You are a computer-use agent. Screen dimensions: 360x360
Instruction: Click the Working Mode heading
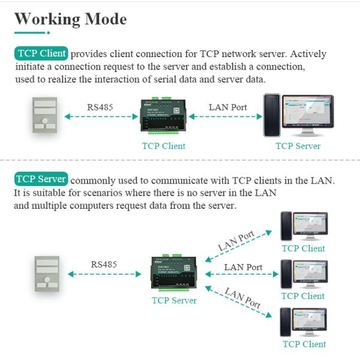click(x=70, y=19)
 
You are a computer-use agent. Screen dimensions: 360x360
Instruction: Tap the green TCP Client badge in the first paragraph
click(x=41, y=53)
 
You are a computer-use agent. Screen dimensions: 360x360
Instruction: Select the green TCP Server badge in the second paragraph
click(x=41, y=179)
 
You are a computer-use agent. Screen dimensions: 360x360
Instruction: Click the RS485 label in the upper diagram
click(x=100, y=107)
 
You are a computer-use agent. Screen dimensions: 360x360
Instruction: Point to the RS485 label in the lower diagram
click(x=104, y=264)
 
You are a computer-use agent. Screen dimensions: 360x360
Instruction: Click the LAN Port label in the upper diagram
click(x=227, y=107)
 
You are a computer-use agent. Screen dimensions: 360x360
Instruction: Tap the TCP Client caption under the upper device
click(x=163, y=146)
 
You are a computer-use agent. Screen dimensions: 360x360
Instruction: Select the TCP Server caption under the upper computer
click(x=298, y=146)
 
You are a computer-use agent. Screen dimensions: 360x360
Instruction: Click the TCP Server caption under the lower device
click(x=174, y=301)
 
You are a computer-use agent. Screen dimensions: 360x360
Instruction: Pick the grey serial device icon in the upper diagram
click(x=41, y=115)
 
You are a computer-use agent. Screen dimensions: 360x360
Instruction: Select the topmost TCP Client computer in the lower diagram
click(x=304, y=226)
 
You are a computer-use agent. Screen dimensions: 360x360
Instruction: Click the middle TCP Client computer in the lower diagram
click(x=304, y=274)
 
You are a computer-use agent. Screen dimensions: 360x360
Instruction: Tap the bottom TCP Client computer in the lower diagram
click(x=304, y=322)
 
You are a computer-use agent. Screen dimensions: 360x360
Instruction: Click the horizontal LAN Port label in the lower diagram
click(x=243, y=268)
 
